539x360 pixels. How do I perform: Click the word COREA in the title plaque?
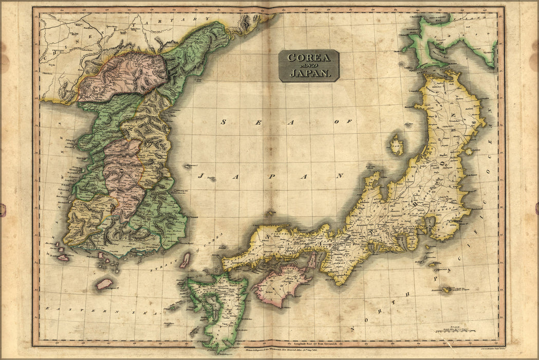click(x=308, y=58)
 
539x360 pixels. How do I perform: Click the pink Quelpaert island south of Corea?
click(x=104, y=283)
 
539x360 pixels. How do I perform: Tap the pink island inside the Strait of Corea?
click(x=184, y=260)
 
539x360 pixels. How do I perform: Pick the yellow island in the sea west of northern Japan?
click(x=396, y=145)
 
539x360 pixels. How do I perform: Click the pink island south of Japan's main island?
click(x=282, y=284)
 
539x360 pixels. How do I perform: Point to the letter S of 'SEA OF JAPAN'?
click(x=224, y=122)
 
